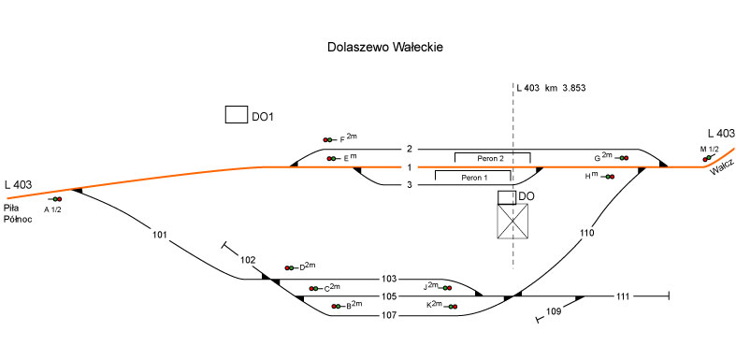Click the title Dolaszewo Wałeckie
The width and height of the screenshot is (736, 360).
[x=385, y=48]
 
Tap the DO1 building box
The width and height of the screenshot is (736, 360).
[x=236, y=115]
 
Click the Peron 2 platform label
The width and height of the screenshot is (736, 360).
[x=491, y=159]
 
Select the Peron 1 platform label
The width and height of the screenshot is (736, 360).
[x=472, y=178]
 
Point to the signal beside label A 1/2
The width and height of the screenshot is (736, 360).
[x=55, y=199]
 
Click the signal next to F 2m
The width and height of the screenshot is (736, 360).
[x=329, y=140]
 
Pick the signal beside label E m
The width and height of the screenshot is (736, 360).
[x=333, y=159]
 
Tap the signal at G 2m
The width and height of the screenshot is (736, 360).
[x=623, y=158]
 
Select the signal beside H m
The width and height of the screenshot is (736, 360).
[x=608, y=177]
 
